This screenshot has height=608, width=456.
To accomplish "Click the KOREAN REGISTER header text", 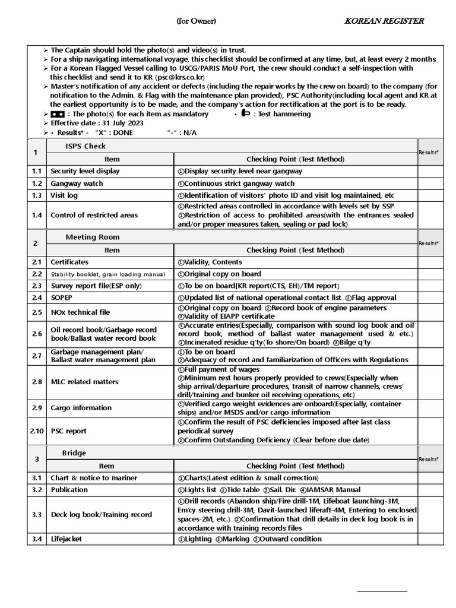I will [x=385, y=21].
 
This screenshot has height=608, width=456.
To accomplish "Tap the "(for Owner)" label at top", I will [x=196, y=21].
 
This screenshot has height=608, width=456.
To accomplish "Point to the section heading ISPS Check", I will [x=85, y=146].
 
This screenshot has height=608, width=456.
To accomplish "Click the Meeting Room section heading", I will [x=92, y=237].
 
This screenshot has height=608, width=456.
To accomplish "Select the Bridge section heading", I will [x=74, y=452].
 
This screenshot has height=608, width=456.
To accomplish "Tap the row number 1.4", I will [x=37, y=215].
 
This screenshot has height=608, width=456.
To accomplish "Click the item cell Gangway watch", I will [x=77, y=183].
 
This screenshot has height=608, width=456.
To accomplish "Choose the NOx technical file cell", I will [x=81, y=312].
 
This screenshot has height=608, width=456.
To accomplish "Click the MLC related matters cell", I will [x=85, y=382].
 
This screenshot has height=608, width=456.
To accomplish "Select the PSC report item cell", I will [x=68, y=431].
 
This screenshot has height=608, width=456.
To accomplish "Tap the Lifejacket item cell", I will [x=66, y=539].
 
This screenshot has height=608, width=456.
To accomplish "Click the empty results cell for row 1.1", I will [x=435, y=171].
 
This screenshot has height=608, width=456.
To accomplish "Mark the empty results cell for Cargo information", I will [x=435, y=408].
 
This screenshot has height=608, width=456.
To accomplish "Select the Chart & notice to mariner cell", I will [x=94, y=478].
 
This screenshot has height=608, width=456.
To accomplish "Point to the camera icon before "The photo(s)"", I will [x=58, y=114].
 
